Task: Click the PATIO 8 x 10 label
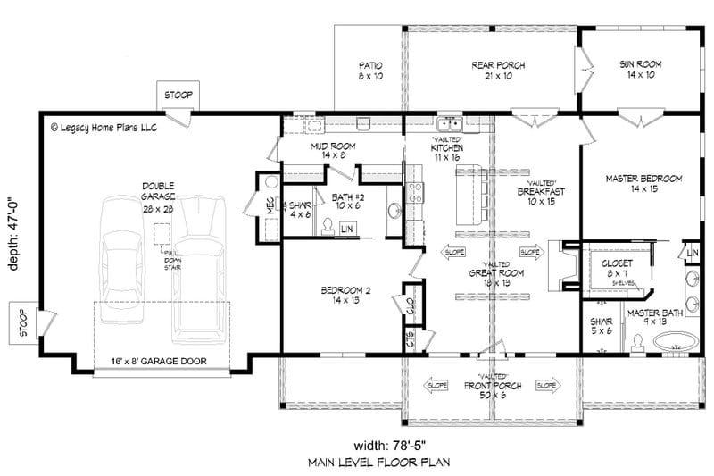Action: point(370,71)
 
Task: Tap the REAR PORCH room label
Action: point(497,71)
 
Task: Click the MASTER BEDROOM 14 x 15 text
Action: point(643,184)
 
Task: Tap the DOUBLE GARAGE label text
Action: point(157,191)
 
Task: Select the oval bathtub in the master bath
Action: point(677,341)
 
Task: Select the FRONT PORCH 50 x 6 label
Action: point(486,389)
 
